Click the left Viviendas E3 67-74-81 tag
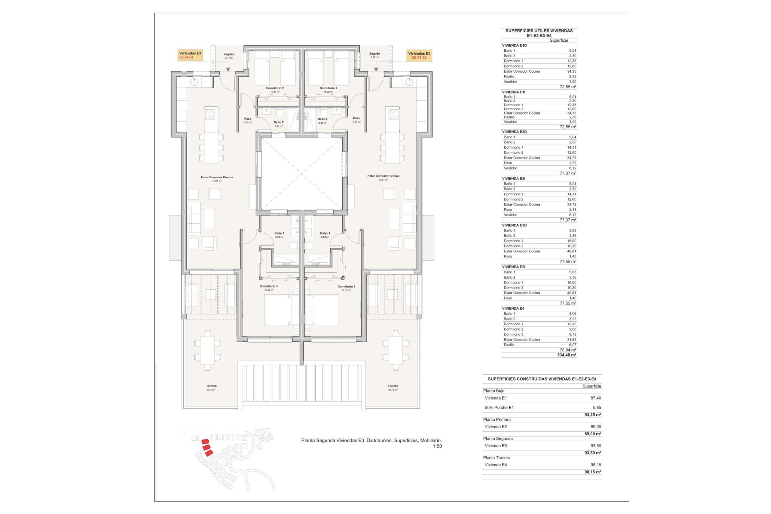[x=190, y=55]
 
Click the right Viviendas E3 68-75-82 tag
[x=419, y=55]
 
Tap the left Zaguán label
[x=229, y=54]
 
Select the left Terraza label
[x=211, y=386]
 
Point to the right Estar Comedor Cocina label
[x=383, y=176]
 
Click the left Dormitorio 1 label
[x=269, y=286]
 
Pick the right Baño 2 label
[x=322, y=119]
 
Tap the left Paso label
[x=248, y=119]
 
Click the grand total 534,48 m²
[x=567, y=355]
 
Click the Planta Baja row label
[x=494, y=391]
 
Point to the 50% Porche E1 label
[x=499, y=408]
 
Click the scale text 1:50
[x=437, y=446]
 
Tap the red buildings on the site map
[x=206, y=447]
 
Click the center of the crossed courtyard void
[x=302, y=173]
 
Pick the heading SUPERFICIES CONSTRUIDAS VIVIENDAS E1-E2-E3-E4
[x=542, y=379]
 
